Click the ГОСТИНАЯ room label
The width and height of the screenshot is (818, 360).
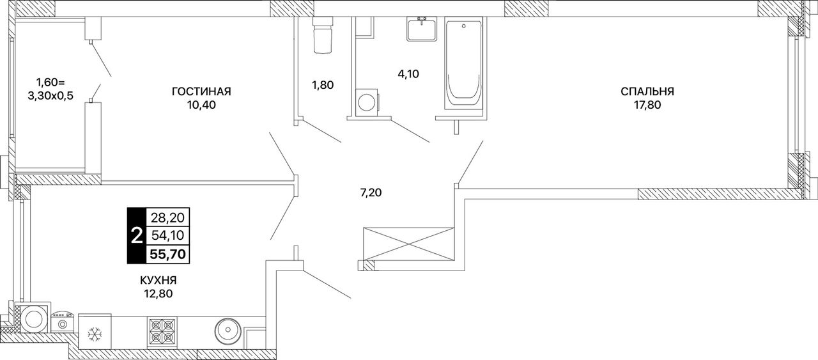pyautogui.click(x=201, y=91)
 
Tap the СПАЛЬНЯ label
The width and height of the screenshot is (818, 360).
pyautogui.click(x=647, y=91)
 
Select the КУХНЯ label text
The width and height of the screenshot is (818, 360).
pyautogui.click(x=158, y=280)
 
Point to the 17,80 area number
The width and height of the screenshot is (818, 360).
pyautogui.click(x=647, y=106)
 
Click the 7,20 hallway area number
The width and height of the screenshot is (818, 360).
pyautogui.click(x=371, y=192)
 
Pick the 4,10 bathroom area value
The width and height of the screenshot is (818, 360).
pyautogui.click(x=408, y=74)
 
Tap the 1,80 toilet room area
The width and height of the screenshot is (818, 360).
pyautogui.click(x=323, y=85)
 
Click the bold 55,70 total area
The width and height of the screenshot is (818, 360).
pyautogui.click(x=168, y=253)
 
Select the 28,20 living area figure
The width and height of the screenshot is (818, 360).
pyautogui.click(x=168, y=218)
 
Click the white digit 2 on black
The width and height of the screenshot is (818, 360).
pyautogui.click(x=136, y=236)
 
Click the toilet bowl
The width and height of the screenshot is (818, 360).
pyautogui.click(x=323, y=35)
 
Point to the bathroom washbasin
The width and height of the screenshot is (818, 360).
pyautogui.click(x=422, y=29)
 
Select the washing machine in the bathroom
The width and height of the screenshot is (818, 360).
pyautogui.click(x=367, y=101)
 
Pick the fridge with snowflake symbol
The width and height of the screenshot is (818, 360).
pyautogui.click(x=95, y=333)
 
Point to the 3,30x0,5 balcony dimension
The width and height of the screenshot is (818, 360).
pyautogui.click(x=50, y=96)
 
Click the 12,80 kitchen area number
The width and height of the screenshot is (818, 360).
pyautogui.click(x=158, y=294)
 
